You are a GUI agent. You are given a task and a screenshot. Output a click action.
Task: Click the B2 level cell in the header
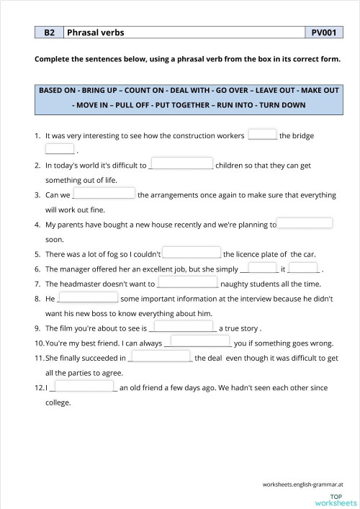pyautogui.click(x=49, y=32)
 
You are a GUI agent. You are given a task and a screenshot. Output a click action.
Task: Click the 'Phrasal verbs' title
pyautogui.click(x=94, y=32)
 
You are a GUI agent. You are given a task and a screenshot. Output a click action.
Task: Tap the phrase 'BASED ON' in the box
pyautogui.click(x=59, y=92)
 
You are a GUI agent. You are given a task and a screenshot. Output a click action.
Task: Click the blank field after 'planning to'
pyautogui.click(x=305, y=224)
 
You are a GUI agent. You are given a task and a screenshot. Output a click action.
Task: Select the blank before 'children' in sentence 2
pyautogui.click(x=181, y=164)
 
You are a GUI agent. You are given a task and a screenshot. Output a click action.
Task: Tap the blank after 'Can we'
pyautogui.click(x=104, y=194)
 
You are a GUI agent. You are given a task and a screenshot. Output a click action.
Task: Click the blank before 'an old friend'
pyautogui.click(x=85, y=387)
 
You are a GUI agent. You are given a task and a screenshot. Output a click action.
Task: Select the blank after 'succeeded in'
pyautogui.click(x=161, y=357)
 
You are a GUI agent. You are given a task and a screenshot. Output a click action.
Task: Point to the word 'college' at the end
pyautogui.click(x=58, y=402)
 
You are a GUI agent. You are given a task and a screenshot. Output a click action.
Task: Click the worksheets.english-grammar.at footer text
pyautogui.click(x=302, y=485)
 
